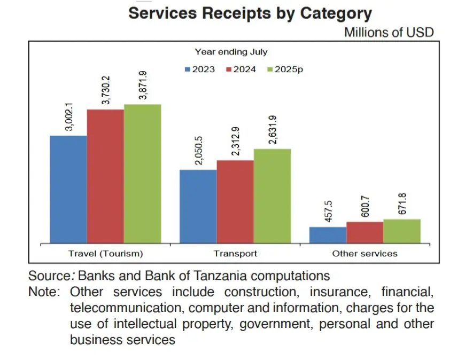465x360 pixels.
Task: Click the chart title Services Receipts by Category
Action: click(250, 13)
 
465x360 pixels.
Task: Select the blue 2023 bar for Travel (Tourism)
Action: click(68, 189)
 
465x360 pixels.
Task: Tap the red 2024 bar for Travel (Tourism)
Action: click(105, 176)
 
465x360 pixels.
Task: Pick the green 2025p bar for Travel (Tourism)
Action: click(142, 173)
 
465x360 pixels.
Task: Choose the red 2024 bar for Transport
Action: click(235, 201)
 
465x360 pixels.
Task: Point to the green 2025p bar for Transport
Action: click(272, 195)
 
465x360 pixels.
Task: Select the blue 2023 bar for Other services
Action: click(328, 234)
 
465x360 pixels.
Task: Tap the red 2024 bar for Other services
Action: click(365, 232)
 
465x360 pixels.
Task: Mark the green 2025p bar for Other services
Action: click(402, 231)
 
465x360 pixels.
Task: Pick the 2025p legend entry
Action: click(285, 69)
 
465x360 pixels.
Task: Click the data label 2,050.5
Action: click(199, 151)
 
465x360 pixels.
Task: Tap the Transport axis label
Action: click(235, 253)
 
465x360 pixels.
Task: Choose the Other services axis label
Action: click(365, 253)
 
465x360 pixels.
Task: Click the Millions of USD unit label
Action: click(389, 32)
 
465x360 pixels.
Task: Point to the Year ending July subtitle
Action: click(231, 52)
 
